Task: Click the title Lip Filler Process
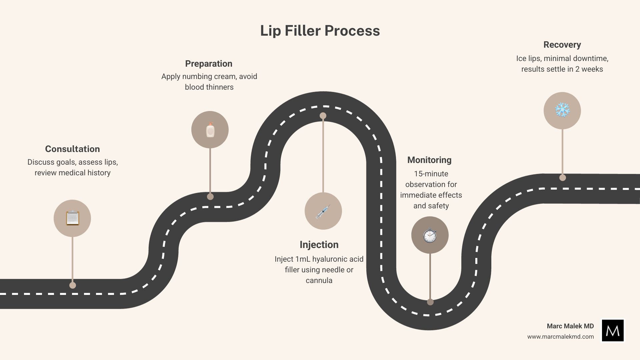point(320,31)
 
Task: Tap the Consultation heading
point(72,149)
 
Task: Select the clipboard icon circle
point(72,218)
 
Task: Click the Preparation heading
point(209,64)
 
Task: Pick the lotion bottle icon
point(210,130)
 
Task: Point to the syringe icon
point(323,211)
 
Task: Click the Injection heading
point(319,245)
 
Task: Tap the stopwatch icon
point(430,235)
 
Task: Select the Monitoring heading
point(429,160)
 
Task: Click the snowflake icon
point(562,110)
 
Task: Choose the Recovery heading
point(562,45)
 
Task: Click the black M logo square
point(613,330)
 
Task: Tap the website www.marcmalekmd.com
point(560,337)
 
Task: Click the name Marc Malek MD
point(570,326)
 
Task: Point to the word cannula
point(319,280)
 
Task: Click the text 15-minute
point(431,174)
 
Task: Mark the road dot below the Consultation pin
point(73,285)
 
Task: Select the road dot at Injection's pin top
point(323,116)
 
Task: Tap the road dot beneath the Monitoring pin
point(430,302)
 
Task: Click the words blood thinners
point(209,87)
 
